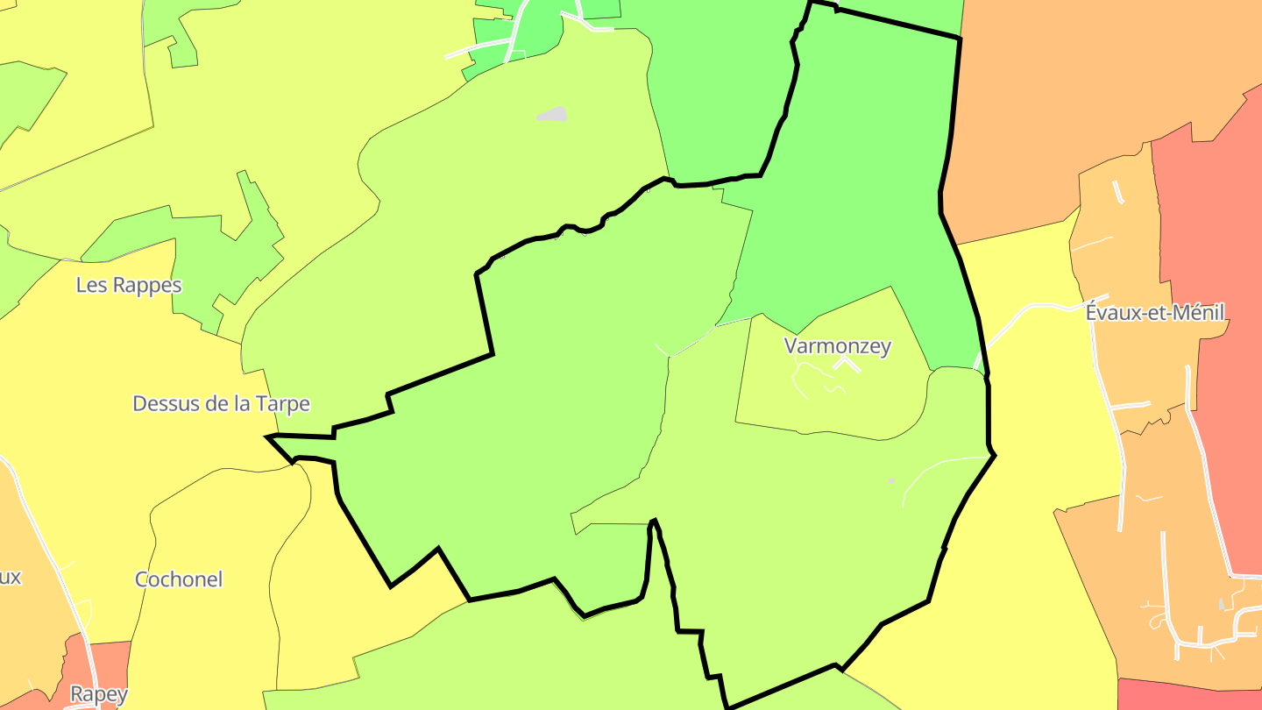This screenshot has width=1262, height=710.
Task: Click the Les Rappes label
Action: [x=129, y=285]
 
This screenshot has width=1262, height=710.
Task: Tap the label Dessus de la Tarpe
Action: [x=221, y=403]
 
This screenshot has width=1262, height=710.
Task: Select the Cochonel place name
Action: [x=179, y=579]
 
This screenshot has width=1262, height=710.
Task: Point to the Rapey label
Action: [x=99, y=695]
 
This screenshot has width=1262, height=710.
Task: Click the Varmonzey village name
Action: [x=838, y=345]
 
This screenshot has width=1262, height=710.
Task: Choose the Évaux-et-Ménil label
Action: [x=1154, y=312]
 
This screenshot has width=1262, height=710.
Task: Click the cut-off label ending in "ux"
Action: [x=11, y=578]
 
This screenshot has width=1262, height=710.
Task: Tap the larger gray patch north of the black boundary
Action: [x=553, y=114]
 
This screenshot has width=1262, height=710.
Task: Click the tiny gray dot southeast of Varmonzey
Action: [x=891, y=480]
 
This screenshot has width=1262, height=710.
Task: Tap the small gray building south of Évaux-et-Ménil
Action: [x=1223, y=604]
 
